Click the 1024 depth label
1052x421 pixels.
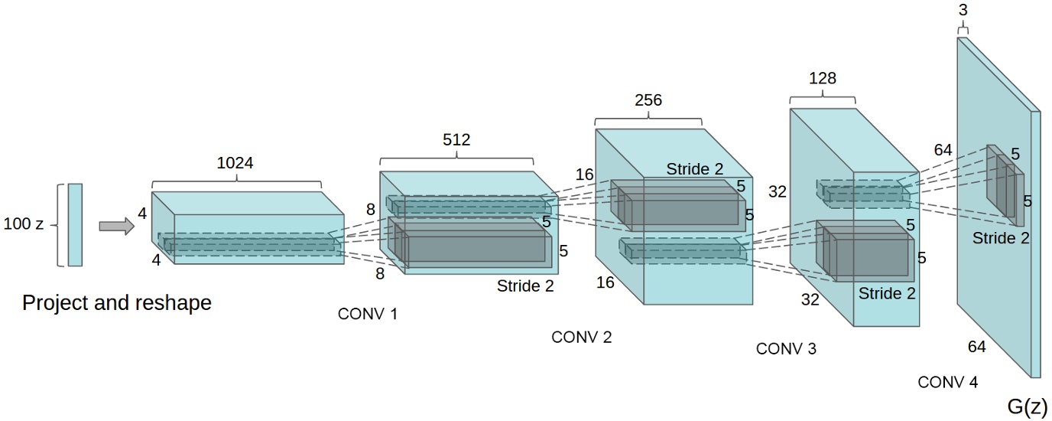(x=236, y=162)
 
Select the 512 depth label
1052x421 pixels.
(x=456, y=140)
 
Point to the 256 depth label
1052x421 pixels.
(x=648, y=101)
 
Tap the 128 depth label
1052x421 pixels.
(x=822, y=78)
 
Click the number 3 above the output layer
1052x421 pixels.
(x=963, y=11)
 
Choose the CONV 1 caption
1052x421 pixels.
(x=368, y=314)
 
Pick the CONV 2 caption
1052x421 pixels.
(x=582, y=337)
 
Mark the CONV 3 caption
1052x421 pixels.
(x=786, y=349)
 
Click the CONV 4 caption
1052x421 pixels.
(x=947, y=382)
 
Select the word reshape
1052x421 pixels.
(x=174, y=303)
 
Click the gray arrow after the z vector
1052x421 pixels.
(x=115, y=225)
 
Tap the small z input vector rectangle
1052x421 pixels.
(x=75, y=224)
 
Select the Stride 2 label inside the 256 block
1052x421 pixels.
(x=694, y=169)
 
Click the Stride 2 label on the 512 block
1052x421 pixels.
(x=525, y=286)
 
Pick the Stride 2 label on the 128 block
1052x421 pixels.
(x=887, y=293)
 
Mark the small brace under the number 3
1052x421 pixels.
(x=963, y=29)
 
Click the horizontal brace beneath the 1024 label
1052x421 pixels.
(x=236, y=182)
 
